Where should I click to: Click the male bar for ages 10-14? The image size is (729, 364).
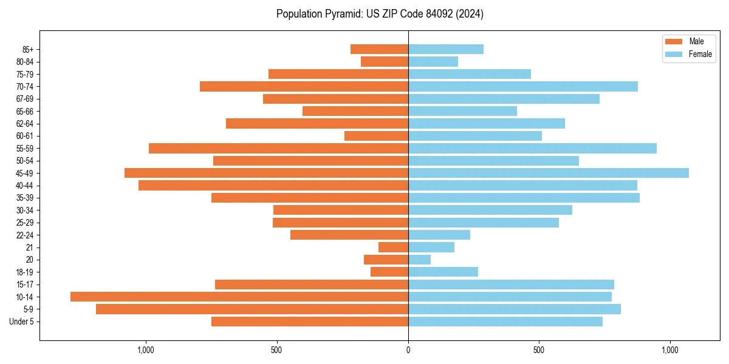coord(239,297)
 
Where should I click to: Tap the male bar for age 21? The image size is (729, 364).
coord(393,247)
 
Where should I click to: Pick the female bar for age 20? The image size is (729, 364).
coord(419,260)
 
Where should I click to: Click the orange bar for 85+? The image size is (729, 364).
coord(379,49)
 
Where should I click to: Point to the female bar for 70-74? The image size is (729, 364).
coord(522,86)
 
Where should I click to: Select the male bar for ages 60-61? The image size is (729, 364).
coord(376,136)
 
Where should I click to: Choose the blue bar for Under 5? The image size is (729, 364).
coord(505,322)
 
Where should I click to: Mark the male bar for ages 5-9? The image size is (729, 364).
coord(252,309)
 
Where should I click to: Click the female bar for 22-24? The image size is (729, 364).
coord(439,235)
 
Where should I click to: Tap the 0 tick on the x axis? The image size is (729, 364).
coord(408,350)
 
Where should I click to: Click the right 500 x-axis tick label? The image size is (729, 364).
coord(538,350)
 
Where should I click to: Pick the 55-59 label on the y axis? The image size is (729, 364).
coord(25,148)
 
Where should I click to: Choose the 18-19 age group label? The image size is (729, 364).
coord(25,272)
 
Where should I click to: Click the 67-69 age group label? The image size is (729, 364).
coord(25,99)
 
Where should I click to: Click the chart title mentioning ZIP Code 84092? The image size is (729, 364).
coord(380,14)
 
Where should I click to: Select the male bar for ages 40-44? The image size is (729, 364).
coord(273,185)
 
